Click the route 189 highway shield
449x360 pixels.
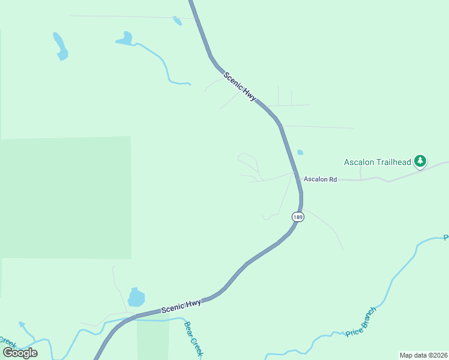[x=298, y=217]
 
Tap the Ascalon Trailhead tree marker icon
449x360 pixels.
[x=421, y=161]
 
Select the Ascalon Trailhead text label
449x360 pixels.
[x=377, y=162]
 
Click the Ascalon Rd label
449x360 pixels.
[x=321, y=179]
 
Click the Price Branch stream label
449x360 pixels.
[x=361, y=322]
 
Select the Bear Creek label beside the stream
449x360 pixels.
[x=193, y=339]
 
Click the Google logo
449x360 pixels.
[x=20, y=352]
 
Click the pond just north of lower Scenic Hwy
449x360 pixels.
[x=136, y=297]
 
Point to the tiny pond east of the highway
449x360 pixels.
[x=300, y=152]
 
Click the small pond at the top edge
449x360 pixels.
[x=177, y=21]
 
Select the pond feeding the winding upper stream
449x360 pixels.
[x=125, y=39]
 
